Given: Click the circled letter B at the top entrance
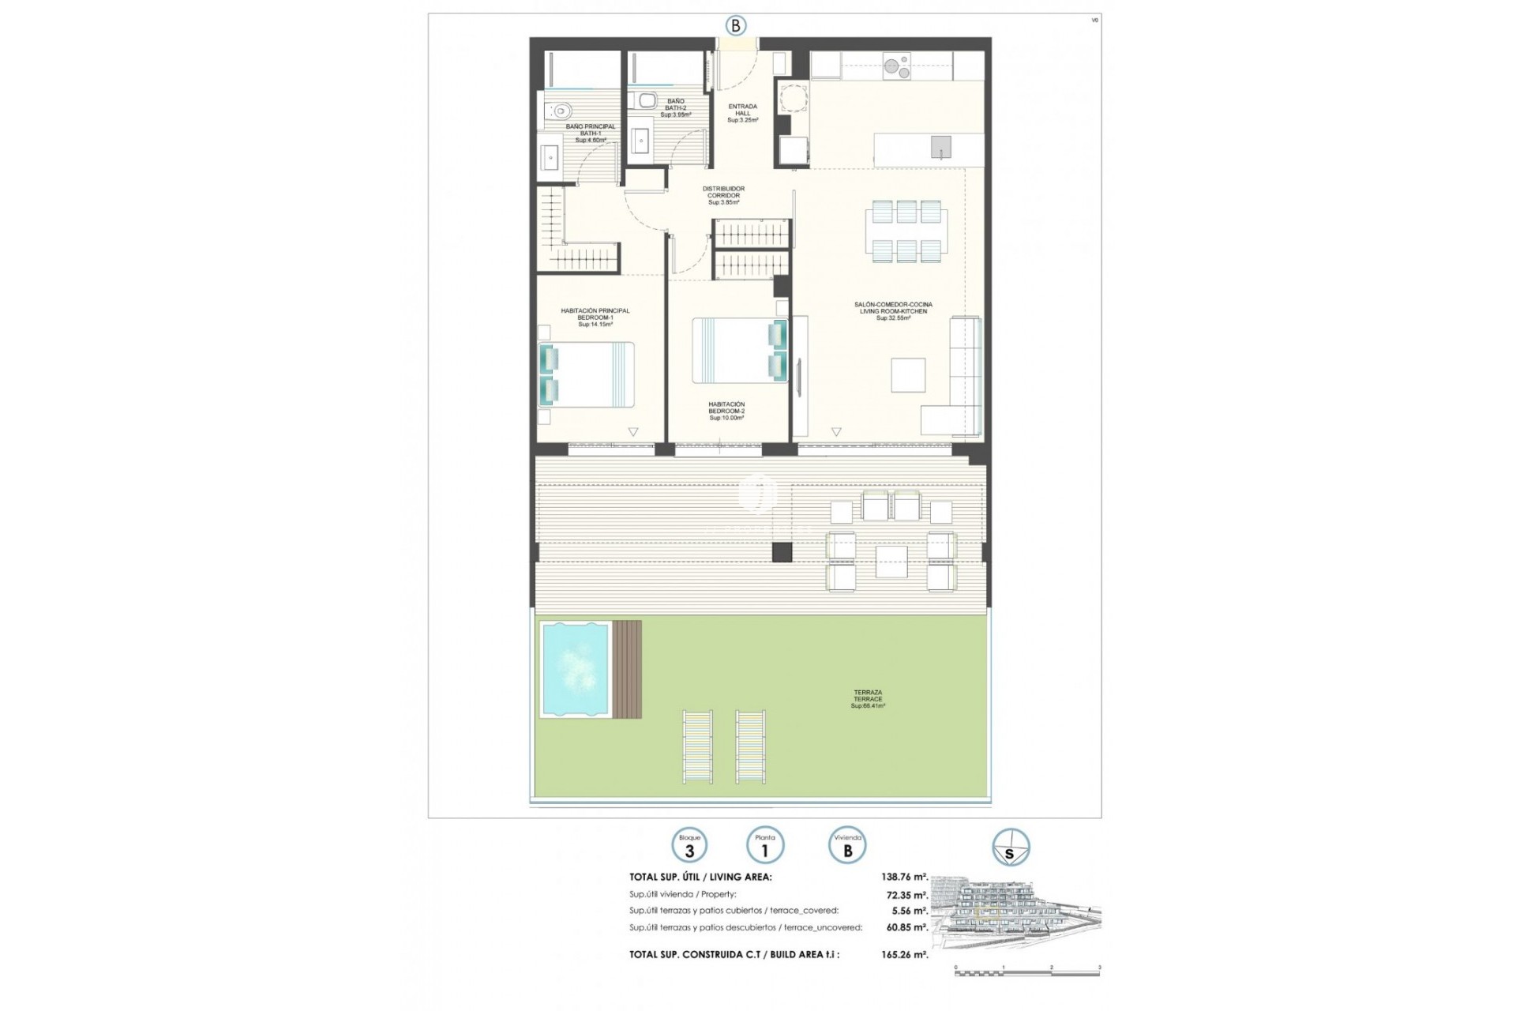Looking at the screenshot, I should (x=735, y=26).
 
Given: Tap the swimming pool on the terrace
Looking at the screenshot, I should (x=576, y=669).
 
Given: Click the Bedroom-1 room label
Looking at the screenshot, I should (x=595, y=318).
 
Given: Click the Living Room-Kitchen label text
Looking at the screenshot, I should (x=893, y=311).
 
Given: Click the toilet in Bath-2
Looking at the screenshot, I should (x=647, y=100).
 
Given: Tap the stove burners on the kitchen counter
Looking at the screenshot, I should (x=896, y=66).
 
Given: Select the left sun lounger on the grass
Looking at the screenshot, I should (x=698, y=746).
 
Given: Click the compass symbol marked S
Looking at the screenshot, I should (x=1010, y=848).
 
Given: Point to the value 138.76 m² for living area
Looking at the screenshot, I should (x=904, y=877).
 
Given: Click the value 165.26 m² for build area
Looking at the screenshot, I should (x=904, y=954).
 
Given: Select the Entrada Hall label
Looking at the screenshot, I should (x=742, y=113).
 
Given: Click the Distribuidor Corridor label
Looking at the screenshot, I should (x=723, y=195).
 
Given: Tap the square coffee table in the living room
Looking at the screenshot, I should (x=908, y=375).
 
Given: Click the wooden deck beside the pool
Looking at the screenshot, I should (x=627, y=669).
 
